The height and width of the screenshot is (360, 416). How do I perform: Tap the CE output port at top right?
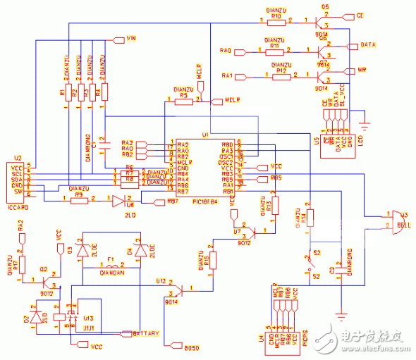click(360, 15)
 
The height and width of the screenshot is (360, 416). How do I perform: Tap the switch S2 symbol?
click(311, 264)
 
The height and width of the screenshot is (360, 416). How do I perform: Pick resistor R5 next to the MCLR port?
click(183, 101)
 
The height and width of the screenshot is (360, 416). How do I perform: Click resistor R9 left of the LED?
click(79, 199)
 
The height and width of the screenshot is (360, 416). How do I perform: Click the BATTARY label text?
click(145, 333)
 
